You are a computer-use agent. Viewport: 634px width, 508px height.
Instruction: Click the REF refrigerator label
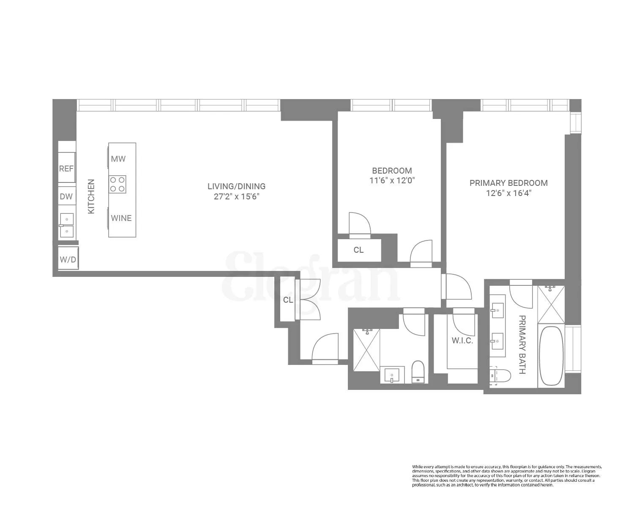coord(66,168)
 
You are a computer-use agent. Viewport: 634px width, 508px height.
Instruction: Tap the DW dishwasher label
coord(66,196)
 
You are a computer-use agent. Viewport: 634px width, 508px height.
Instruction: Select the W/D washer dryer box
coord(68,258)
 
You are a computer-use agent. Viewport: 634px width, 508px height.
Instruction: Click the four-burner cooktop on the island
coord(117,184)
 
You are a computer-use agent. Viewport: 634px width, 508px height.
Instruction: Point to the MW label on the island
coord(118,159)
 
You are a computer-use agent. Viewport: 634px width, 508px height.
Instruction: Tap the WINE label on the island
coord(121,218)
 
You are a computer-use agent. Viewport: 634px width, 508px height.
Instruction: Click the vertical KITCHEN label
coord(91,196)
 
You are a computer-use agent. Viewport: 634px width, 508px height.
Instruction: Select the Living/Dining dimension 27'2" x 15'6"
coord(237,196)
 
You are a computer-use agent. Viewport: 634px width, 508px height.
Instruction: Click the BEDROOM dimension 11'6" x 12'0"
coord(392,180)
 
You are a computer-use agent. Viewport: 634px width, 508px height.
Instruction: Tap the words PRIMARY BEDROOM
coord(508,183)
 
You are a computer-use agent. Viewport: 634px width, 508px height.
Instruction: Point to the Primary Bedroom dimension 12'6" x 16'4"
coord(509,193)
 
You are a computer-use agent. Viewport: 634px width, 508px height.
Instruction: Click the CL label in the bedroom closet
coord(358,250)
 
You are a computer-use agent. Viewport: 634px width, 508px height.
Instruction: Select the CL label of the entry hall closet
coord(288,300)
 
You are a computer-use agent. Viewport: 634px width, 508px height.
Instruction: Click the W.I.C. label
coord(462,341)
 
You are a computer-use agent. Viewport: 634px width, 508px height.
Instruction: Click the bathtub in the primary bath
coord(551,356)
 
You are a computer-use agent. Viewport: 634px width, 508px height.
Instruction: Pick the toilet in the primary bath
coord(500,376)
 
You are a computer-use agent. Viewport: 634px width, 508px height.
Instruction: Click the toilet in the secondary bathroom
coord(418,372)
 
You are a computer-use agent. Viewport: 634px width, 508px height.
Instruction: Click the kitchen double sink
coord(67,225)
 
